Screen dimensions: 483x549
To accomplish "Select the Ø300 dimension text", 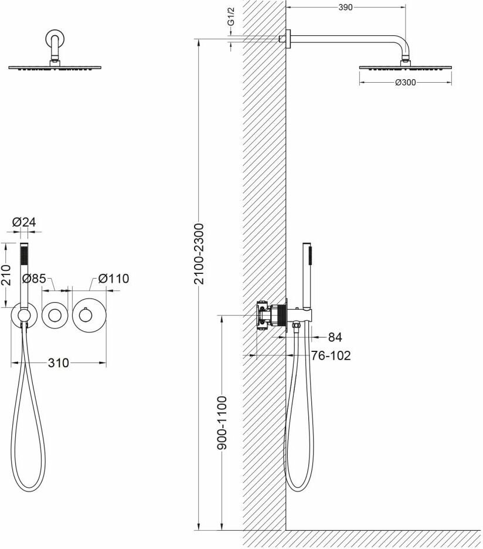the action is click(x=405, y=83).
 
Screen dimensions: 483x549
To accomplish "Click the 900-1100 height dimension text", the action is click(x=222, y=423).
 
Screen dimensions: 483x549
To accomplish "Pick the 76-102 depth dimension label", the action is click(x=331, y=355).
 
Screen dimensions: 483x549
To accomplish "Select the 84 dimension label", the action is click(x=335, y=337).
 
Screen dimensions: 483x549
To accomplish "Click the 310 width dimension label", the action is click(x=59, y=363).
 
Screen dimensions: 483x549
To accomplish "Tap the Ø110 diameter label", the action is click(x=114, y=279).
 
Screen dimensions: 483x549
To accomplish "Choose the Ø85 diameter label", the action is click(x=35, y=279).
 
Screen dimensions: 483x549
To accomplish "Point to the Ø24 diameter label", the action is click(x=24, y=222).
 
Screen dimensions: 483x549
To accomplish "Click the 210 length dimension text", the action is click(x=6, y=274).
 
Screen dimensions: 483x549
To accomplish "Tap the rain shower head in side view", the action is click(x=405, y=67).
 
